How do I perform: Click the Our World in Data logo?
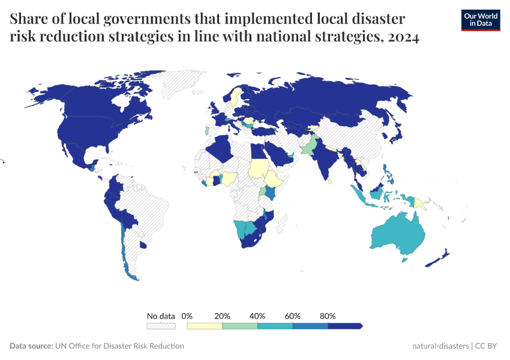point(480,20)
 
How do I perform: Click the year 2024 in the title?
point(403,37)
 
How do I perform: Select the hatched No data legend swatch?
point(161,326)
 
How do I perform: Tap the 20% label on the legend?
point(222,316)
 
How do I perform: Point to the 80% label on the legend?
point(328,316)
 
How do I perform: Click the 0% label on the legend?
point(187,316)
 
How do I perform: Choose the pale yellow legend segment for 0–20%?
point(205,326)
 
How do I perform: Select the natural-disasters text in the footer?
point(440,346)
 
